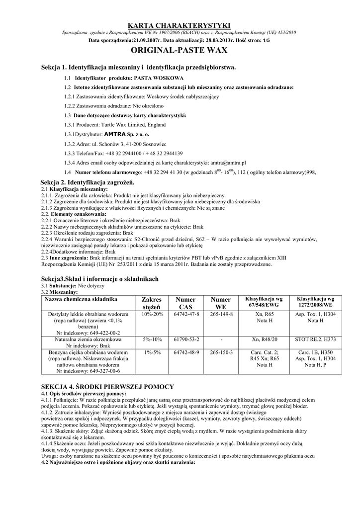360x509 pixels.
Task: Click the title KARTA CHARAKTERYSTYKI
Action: click(180, 25)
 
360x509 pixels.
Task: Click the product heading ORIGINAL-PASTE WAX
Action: click(180, 50)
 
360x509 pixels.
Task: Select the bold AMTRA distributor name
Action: click(115, 134)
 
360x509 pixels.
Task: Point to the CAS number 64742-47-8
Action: click(186, 315)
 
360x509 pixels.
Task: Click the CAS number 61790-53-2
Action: click(186, 339)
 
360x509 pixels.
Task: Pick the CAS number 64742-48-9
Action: click(186, 352)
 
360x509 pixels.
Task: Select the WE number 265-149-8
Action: click(221, 315)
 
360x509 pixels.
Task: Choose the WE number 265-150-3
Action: click(221, 352)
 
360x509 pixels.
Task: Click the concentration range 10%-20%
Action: click(152, 315)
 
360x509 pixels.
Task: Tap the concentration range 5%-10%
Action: click(152, 339)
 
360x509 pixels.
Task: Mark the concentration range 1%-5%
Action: click(152, 352)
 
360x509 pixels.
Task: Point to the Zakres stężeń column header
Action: click(152, 303)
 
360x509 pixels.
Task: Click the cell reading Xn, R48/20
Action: click(264, 339)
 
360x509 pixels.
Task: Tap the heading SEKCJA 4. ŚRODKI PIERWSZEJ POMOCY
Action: click(114, 387)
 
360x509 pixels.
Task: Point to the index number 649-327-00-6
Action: click(88, 371)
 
